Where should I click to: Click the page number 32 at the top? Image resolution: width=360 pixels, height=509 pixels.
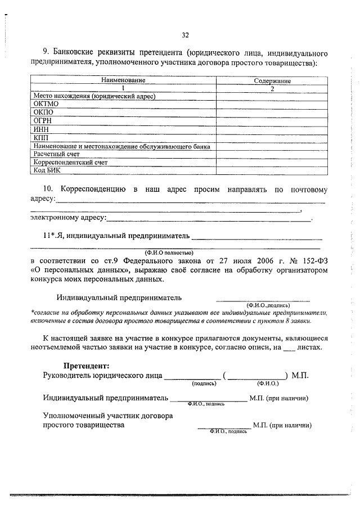pyautogui.click(x=185, y=35)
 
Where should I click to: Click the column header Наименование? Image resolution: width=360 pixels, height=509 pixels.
pyautogui.click(x=123, y=81)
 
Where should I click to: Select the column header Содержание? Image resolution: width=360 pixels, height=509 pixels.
pyautogui.click(x=272, y=81)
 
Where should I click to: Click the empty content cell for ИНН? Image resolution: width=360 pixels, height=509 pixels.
pyautogui.click(x=272, y=129)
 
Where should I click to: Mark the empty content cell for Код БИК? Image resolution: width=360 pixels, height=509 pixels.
pyautogui.click(x=272, y=170)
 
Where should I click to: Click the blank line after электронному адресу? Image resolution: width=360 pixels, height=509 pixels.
pyautogui.click(x=208, y=218)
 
